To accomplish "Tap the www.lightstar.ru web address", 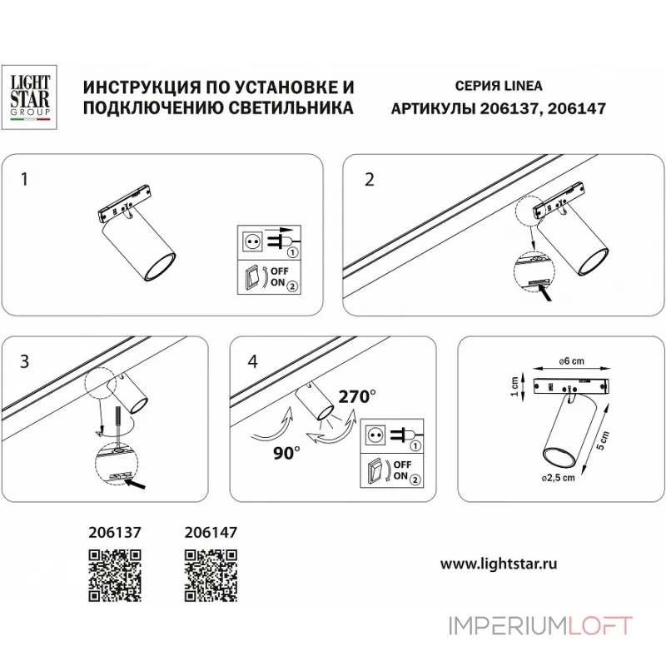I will (x=499, y=564).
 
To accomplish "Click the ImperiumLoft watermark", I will (x=540, y=625).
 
